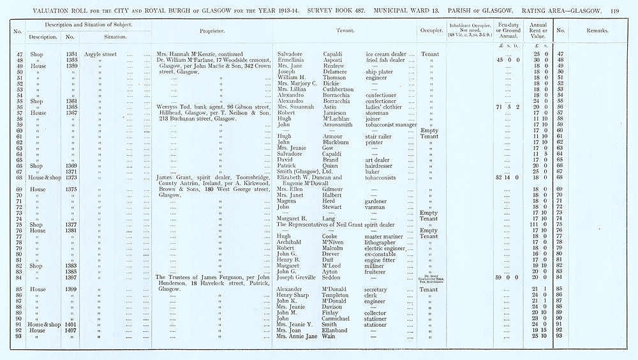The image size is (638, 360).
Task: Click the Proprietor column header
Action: click(211, 31)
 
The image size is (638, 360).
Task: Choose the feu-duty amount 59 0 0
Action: click(508, 277)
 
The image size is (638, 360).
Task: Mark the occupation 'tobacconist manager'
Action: click(391, 124)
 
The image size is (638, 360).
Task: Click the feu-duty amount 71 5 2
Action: click(508, 107)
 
